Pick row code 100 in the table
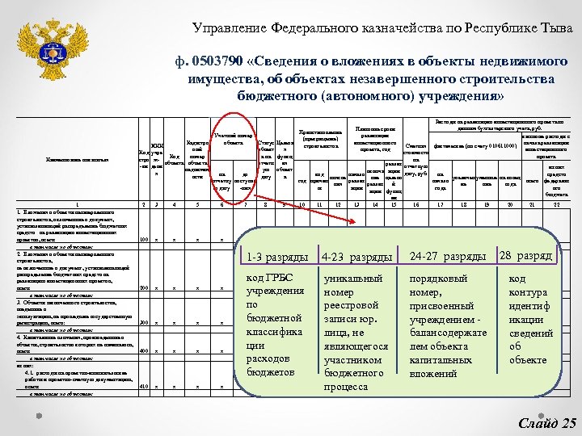pos(143,240)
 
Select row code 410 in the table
pos(143,387)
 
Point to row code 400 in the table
pos(143,351)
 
